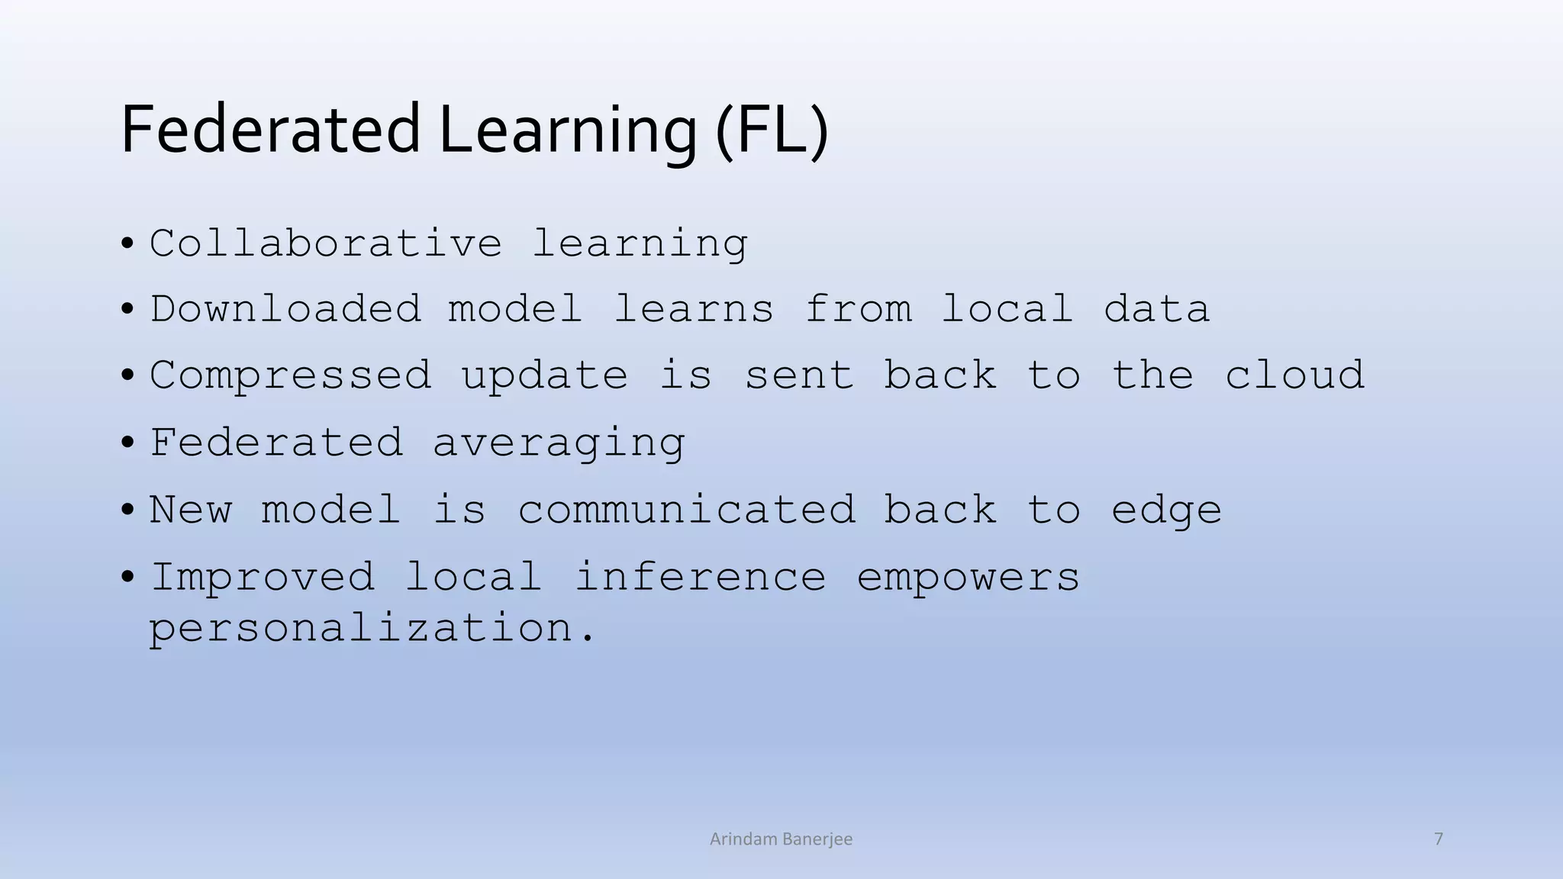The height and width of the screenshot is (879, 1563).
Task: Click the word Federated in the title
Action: click(270, 130)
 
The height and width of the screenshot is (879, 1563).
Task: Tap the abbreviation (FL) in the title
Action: click(772, 131)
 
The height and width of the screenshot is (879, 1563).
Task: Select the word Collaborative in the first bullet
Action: click(326, 243)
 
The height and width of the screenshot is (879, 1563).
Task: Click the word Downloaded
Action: click(285, 309)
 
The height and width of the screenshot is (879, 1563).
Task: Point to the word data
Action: click(1156, 309)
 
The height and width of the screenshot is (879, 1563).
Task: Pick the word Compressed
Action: click(291, 376)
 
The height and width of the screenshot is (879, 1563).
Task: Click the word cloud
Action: click(1294, 375)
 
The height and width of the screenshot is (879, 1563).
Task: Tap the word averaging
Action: click(559, 443)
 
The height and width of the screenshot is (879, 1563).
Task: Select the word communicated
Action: click(687, 509)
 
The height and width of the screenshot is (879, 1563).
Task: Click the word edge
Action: click(1166, 510)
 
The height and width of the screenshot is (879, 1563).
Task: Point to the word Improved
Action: click(263, 577)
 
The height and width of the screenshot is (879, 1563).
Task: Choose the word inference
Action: click(700, 576)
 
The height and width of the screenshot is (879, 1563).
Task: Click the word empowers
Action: click(968, 578)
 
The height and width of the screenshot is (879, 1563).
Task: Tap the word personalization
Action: click(371, 629)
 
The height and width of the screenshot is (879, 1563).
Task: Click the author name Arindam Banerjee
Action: click(781, 839)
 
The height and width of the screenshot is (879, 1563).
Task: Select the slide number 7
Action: click(1439, 839)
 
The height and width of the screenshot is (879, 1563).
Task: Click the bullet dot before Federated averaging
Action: click(127, 443)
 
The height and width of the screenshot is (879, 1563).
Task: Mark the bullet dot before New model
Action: click(127, 509)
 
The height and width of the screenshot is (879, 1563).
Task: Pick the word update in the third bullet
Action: click(544, 376)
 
